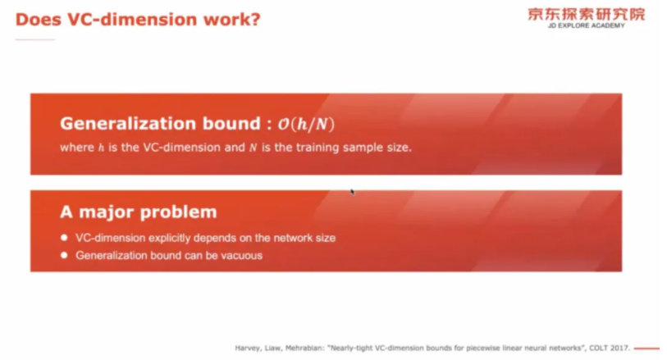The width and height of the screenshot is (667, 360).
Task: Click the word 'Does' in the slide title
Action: (39, 20)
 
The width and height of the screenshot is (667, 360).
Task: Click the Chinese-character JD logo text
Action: (587, 14)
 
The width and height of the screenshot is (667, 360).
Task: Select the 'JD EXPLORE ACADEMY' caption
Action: (587, 25)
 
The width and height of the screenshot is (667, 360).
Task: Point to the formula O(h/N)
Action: (306, 124)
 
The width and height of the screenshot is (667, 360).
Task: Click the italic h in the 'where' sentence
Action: (101, 148)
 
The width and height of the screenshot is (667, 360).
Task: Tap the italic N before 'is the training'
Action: (254, 148)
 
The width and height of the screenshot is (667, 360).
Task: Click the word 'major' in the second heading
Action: (107, 212)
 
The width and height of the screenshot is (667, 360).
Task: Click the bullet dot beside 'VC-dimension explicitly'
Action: (64, 237)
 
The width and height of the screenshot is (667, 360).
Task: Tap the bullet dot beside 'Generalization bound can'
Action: (64, 255)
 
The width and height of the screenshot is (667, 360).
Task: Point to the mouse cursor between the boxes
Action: (352, 192)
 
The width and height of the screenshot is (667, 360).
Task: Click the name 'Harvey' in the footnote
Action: (247, 348)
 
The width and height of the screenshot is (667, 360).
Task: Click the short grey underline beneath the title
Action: (35, 39)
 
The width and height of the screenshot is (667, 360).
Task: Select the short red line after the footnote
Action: (646, 348)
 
